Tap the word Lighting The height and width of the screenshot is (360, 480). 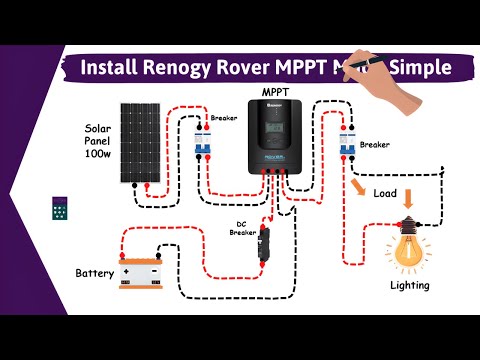409,285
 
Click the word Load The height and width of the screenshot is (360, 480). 386,192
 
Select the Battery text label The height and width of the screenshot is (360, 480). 95,272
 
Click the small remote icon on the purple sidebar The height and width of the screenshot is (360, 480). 60,212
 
